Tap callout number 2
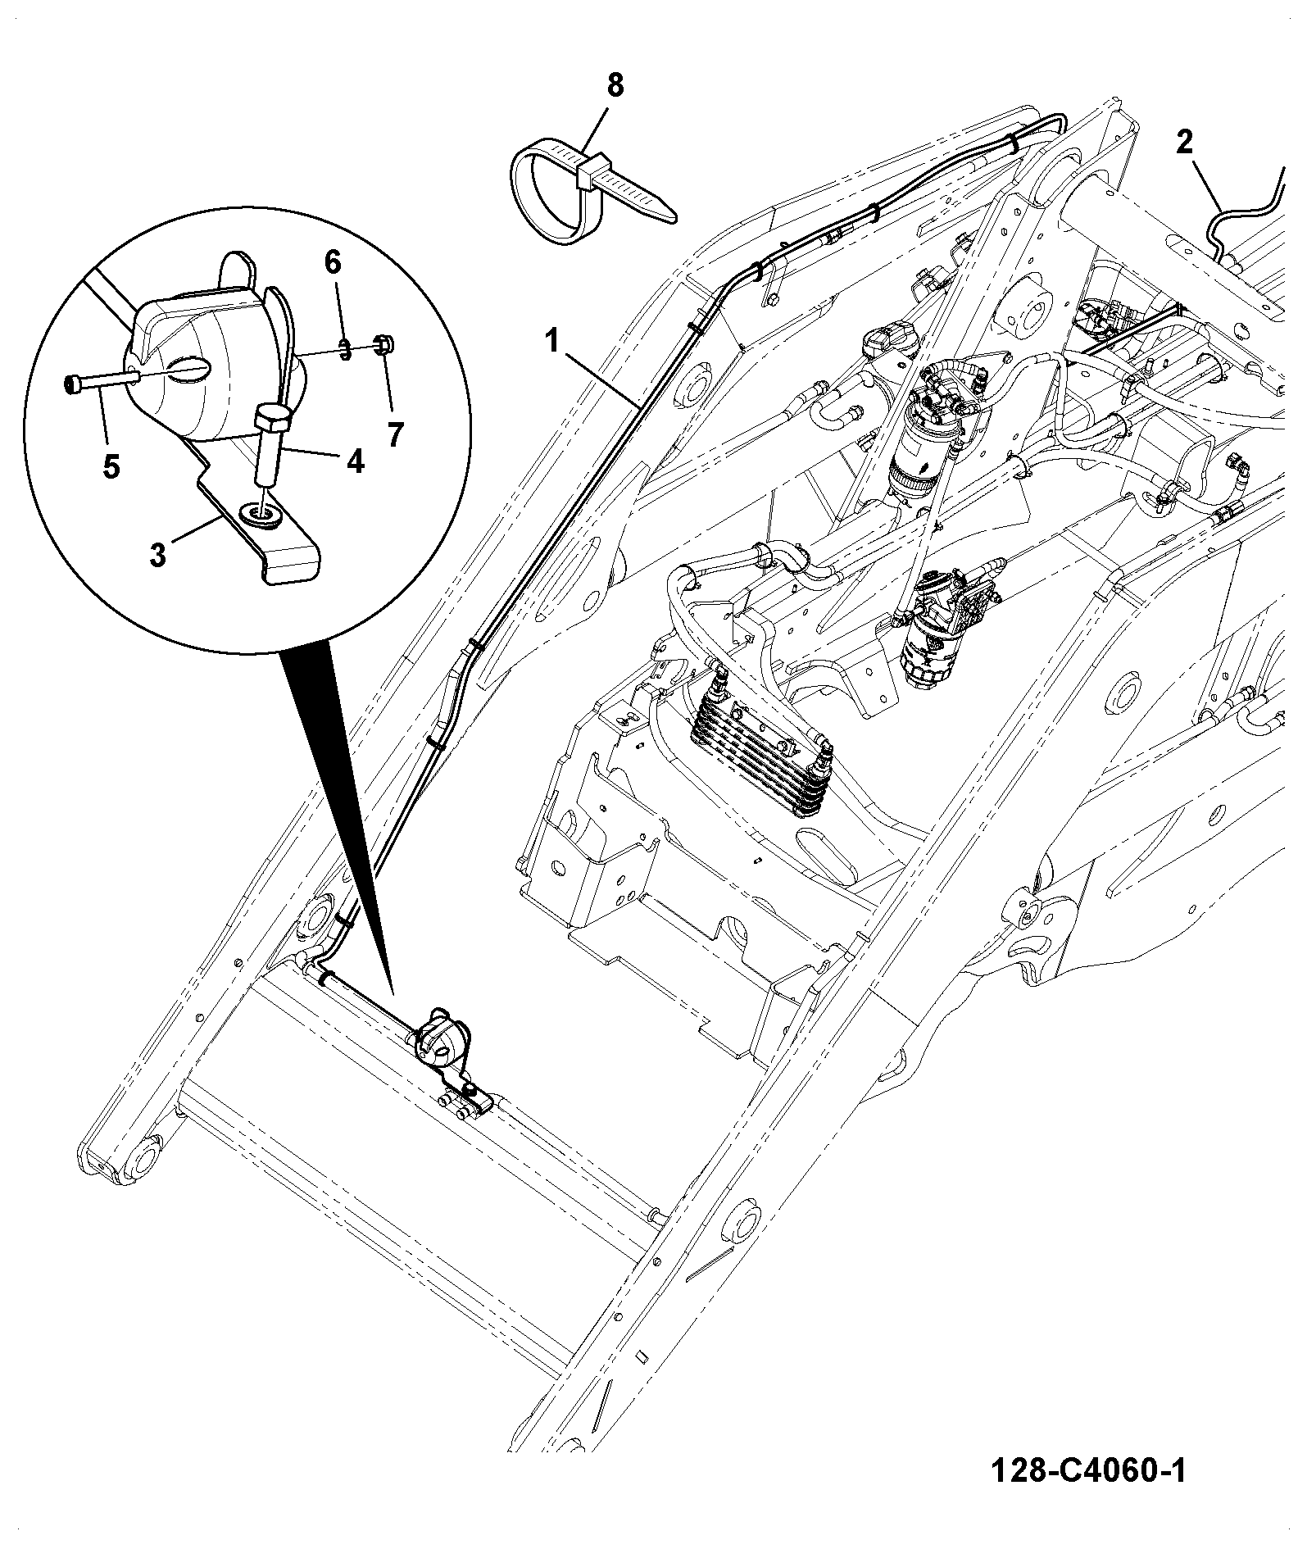tap(1184, 143)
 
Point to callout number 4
tap(355, 461)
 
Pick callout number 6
tap(332, 262)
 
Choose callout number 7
tap(396, 434)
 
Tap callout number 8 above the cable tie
tap(615, 85)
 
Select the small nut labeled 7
tap(382, 344)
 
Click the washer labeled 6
tap(346, 349)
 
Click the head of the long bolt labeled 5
tap(72, 384)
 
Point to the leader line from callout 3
tap(195, 531)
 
